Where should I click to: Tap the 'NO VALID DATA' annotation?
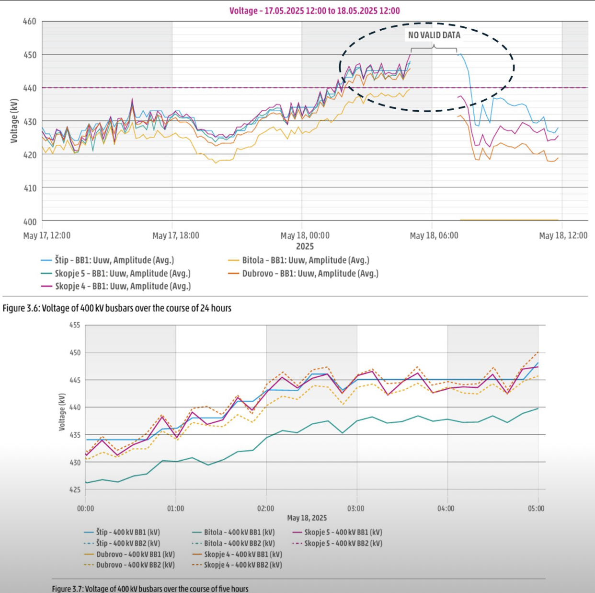coord(434,35)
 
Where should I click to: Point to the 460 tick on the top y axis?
coord(30,21)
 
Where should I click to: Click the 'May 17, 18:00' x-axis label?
coord(176,235)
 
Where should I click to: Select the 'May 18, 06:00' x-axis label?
coord(434,235)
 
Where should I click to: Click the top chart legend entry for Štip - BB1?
coord(114,260)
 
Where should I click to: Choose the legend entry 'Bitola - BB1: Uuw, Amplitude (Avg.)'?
coord(305,260)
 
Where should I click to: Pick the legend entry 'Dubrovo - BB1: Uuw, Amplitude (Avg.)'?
coord(310,273)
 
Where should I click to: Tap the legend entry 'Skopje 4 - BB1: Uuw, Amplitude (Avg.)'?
coord(123,286)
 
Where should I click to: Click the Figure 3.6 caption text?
coord(117,308)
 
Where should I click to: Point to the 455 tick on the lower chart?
coord(75,325)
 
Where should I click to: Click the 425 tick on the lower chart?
coord(75,490)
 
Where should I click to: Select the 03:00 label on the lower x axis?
coord(355,509)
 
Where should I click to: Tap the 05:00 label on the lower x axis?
coord(536,509)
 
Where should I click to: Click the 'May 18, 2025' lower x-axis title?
coord(307,518)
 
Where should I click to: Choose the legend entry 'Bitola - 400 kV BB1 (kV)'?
coord(239,532)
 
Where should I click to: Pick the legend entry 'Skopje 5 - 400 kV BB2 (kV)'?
coord(343,543)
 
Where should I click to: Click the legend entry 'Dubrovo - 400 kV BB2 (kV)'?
coord(135,565)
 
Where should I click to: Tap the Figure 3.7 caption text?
coord(150,589)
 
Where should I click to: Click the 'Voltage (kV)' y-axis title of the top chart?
coord(14,121)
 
